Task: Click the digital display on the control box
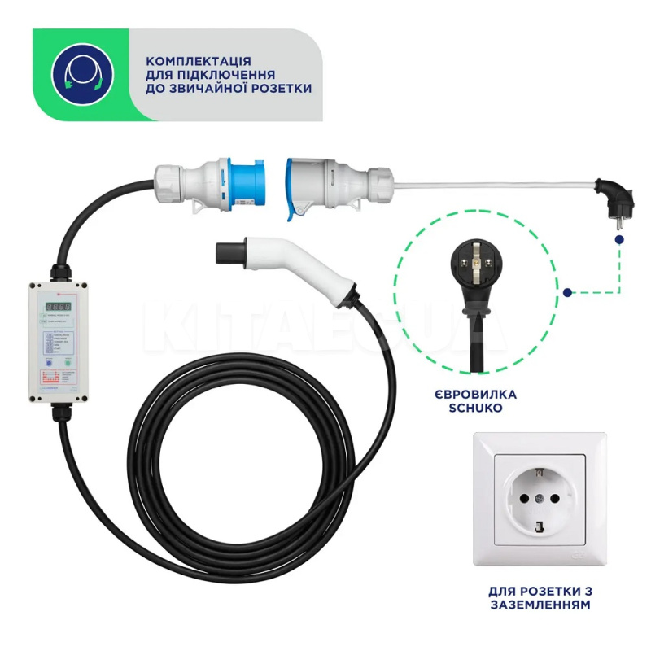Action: coord(56,307)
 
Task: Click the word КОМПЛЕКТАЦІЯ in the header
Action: coord(199,61)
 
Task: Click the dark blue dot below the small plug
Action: coord(620,242)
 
